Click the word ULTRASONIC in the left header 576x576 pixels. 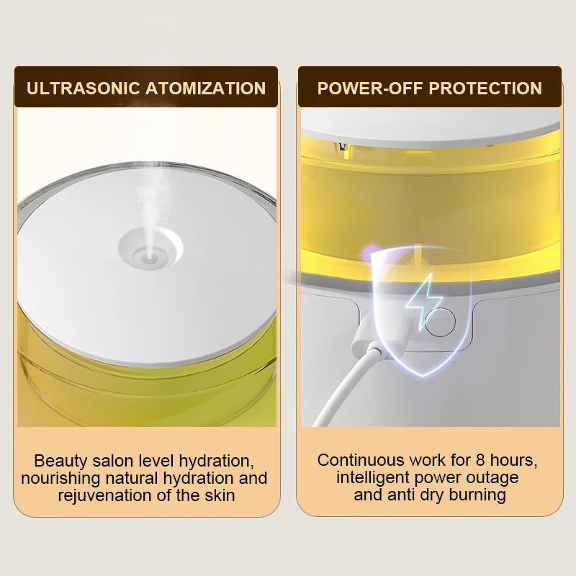point(84,88)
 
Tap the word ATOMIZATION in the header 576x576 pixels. point(206,88)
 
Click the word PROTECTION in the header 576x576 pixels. point(485,88)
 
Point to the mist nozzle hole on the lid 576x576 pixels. point(149,256)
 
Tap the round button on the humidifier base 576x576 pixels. point(440,322)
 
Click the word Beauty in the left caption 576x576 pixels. point(60,461)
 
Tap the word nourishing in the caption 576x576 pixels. point(60,479)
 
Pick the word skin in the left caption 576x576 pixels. point(220,495)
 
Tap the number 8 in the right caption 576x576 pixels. point(480,460)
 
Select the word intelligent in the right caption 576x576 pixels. point(373,478)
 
